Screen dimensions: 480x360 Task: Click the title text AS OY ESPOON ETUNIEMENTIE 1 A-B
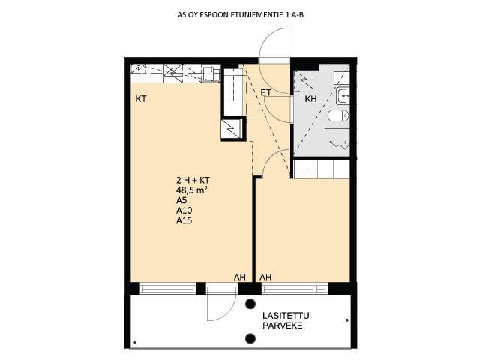(x=240, y=15)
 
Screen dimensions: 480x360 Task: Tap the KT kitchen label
(x=141, y=99)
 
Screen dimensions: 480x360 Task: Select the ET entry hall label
(x=265, y=92)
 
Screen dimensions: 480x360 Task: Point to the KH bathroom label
(x=310, y=99)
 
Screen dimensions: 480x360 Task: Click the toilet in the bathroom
(x=338, y=115)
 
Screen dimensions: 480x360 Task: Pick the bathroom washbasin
(x=343, y=95)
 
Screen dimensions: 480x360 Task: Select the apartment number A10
(x=184, y=210)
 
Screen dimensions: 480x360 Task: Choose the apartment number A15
(x=184, y=220)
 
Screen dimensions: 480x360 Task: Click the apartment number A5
(x=181, y=200)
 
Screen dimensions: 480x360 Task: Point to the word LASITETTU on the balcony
(x=286, y=316)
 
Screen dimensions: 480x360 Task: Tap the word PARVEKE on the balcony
(x=283, y=325)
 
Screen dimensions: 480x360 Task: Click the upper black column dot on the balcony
(x=250, y=304)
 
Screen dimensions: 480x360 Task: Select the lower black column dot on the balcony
(x=250, y=338)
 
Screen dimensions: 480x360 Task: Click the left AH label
(x=240, y=277)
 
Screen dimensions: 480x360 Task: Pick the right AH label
(x=265, y=277)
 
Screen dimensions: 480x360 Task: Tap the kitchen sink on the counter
(x=211, y=73)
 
